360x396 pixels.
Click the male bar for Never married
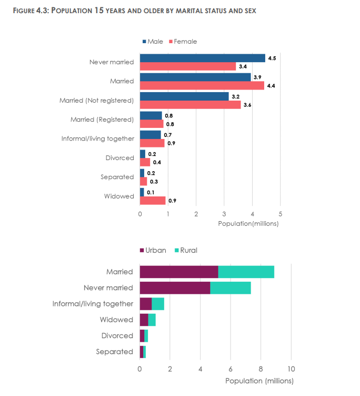pos(203,58)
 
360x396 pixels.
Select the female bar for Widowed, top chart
pos(153,201)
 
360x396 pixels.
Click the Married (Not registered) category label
pos(96,101)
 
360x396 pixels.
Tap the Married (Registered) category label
pos(102,120)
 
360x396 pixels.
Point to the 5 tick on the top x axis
pos(280,214)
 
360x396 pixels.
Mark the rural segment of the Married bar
pos(246,272)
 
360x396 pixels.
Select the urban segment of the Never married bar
pos(175,288)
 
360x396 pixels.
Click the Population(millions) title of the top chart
pos(248,223)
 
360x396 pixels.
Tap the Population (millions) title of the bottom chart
pos(259,380)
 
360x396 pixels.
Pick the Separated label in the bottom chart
pos(114,351)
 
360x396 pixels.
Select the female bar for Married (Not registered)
pos(190,105)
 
